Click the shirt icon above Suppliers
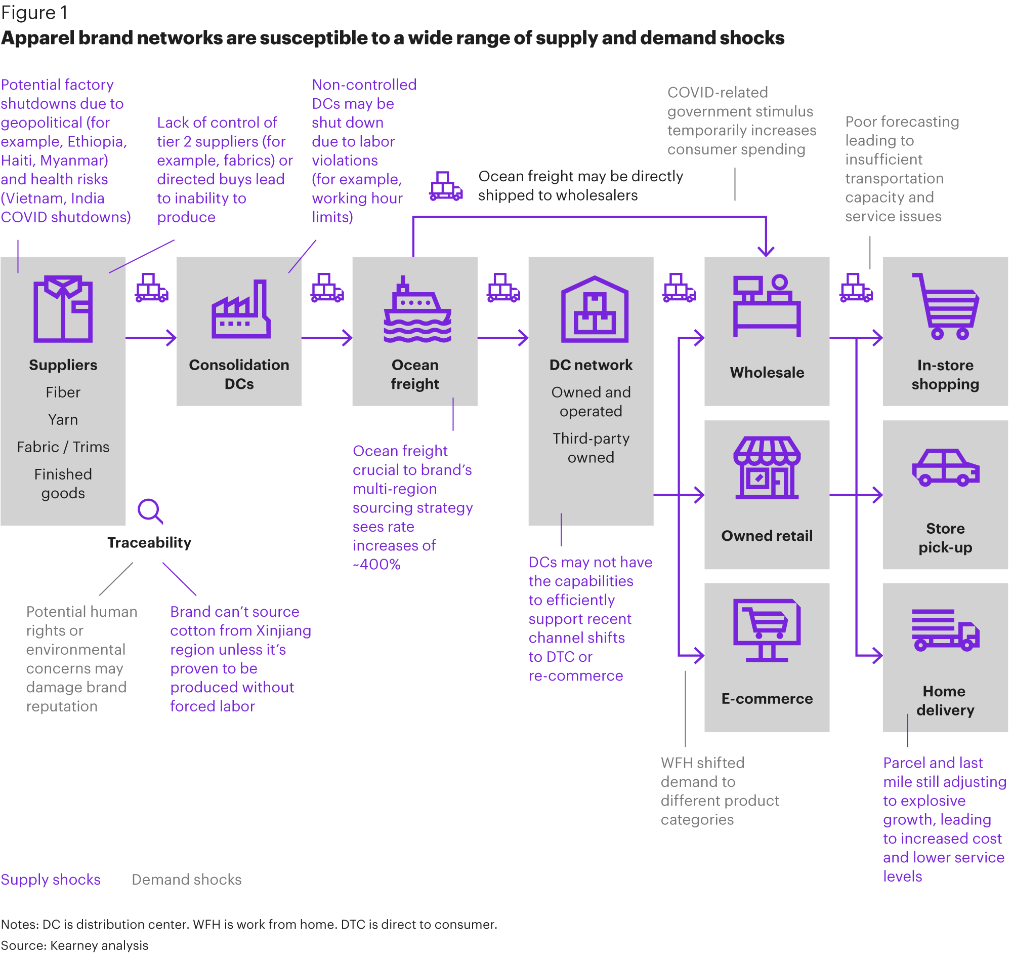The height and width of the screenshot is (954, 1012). (63, 309)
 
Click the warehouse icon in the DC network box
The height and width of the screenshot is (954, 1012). (595, 309)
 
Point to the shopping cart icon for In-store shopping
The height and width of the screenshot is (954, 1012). (945, 306)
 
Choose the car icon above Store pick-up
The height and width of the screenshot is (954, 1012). (945, 467)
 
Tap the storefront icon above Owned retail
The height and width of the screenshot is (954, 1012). (767, 467)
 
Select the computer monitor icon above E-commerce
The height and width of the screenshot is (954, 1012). (767, 630)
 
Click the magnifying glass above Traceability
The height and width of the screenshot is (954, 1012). (150, 511)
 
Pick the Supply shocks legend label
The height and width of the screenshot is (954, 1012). (51, 880)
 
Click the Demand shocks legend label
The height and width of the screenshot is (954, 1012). (187, 880)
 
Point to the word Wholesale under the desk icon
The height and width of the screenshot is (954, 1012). (767, 372)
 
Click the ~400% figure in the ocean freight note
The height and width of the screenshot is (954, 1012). (376, 565)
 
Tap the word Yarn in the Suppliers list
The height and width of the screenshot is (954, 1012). (63, 420)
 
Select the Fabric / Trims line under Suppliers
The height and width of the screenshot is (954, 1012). (63, 447)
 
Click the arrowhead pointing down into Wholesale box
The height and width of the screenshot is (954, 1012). (766, 251)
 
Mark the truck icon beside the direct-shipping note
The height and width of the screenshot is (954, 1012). (446, 186)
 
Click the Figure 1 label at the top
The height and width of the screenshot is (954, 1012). (34, 13)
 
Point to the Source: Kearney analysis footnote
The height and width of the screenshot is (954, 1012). (75, 945)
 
